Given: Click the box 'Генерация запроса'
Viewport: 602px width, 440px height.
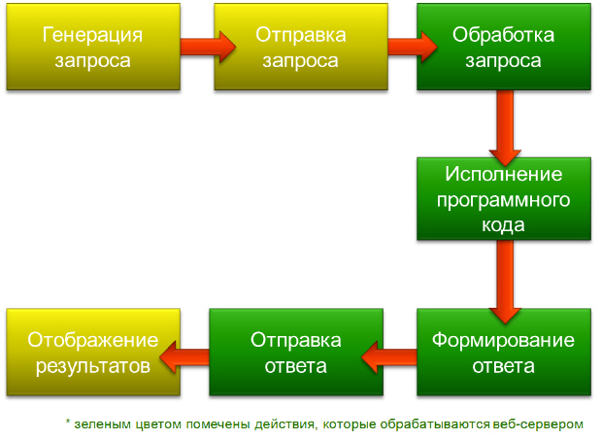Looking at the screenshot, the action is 93,47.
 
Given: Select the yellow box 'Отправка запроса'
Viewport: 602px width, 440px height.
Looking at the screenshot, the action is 301,47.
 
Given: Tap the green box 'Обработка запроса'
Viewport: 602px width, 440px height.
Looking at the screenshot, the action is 504,47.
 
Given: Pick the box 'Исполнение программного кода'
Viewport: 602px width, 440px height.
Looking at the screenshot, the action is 504,199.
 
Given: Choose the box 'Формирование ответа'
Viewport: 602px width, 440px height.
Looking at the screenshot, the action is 504,352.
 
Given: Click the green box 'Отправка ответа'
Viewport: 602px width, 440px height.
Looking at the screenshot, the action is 296,352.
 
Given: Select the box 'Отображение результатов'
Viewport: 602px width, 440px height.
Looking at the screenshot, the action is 93,352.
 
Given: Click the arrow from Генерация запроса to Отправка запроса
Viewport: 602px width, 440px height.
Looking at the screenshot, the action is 208,47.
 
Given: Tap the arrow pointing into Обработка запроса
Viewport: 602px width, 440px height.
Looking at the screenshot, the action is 413,47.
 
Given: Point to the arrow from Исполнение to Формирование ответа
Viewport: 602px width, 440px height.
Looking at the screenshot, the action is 505,282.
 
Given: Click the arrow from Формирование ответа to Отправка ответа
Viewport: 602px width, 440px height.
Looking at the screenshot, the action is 389,357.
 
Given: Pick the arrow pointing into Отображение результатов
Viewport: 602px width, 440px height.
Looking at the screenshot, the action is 184,357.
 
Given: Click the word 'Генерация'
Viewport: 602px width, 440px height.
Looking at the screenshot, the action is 92,35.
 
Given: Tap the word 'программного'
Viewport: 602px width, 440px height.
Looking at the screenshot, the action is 503,200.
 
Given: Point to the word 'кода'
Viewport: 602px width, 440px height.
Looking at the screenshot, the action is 503,224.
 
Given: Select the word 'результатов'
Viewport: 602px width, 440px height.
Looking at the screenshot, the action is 93,366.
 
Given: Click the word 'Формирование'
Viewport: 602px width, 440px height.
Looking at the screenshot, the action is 503,340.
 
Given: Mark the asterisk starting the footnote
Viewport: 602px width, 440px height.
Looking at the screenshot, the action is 68,423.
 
